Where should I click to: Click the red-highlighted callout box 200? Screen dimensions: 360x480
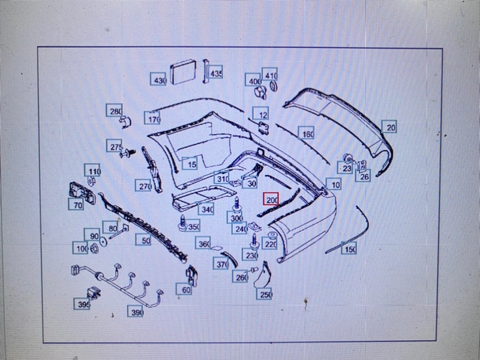pos(272,200)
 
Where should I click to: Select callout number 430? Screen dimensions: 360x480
pos(159,80)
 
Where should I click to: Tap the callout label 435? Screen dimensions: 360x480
pos(215,73)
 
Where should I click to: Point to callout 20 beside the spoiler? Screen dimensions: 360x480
pos(391,127)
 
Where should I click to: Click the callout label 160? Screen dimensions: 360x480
pos(307,134)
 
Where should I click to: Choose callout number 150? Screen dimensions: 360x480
pos(349,248)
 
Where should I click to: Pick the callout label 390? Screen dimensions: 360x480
pos(137,313)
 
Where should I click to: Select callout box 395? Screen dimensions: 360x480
pos(83,305)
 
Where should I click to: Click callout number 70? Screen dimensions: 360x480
pos(77,205)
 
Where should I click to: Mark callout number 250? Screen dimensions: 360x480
pos(265,294)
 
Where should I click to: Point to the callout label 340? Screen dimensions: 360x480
pos(206,209)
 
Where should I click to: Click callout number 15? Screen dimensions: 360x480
pos(191,163)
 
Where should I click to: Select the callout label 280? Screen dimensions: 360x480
pos(115,111)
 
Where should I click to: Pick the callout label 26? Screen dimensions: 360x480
pos(364,175)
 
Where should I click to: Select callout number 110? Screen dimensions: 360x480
pos(92,172)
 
